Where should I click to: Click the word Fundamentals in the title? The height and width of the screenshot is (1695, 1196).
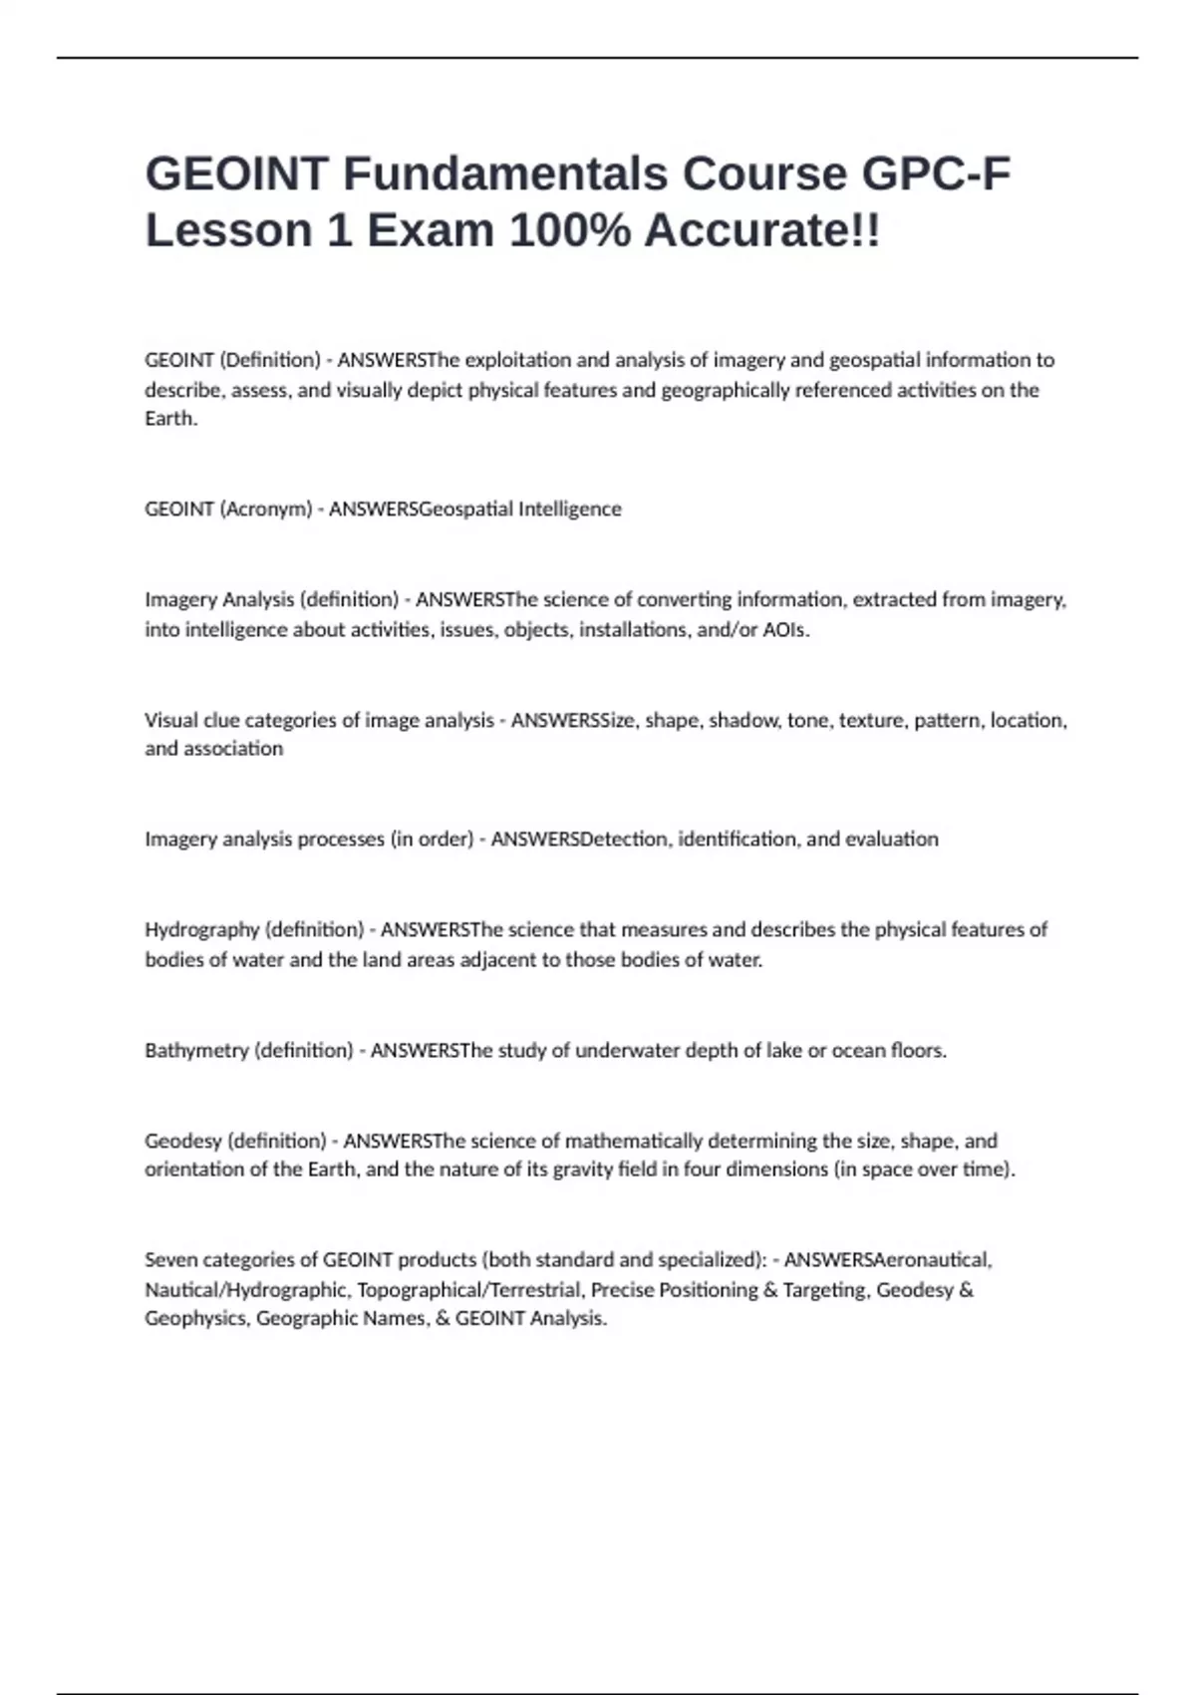[x=505, y=173]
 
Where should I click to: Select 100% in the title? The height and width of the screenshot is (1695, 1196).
[x=569, y=230]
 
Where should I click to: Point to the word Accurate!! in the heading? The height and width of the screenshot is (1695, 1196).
[x=762, y=230]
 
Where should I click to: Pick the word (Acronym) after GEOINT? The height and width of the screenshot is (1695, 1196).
[x=265, y=509]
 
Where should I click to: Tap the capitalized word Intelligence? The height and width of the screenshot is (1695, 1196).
[x=569, y=509]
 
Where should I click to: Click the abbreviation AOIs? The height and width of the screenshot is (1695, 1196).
[x=785, y=630]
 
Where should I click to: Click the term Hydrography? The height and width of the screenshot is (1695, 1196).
[x=201, y=930]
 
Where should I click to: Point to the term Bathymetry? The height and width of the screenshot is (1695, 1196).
[x=196, y=1051]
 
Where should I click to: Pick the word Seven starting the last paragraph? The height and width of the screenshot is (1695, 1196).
[x=170, y=1260]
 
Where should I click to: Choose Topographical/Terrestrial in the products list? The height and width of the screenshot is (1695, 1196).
[x=468, y=1290]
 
